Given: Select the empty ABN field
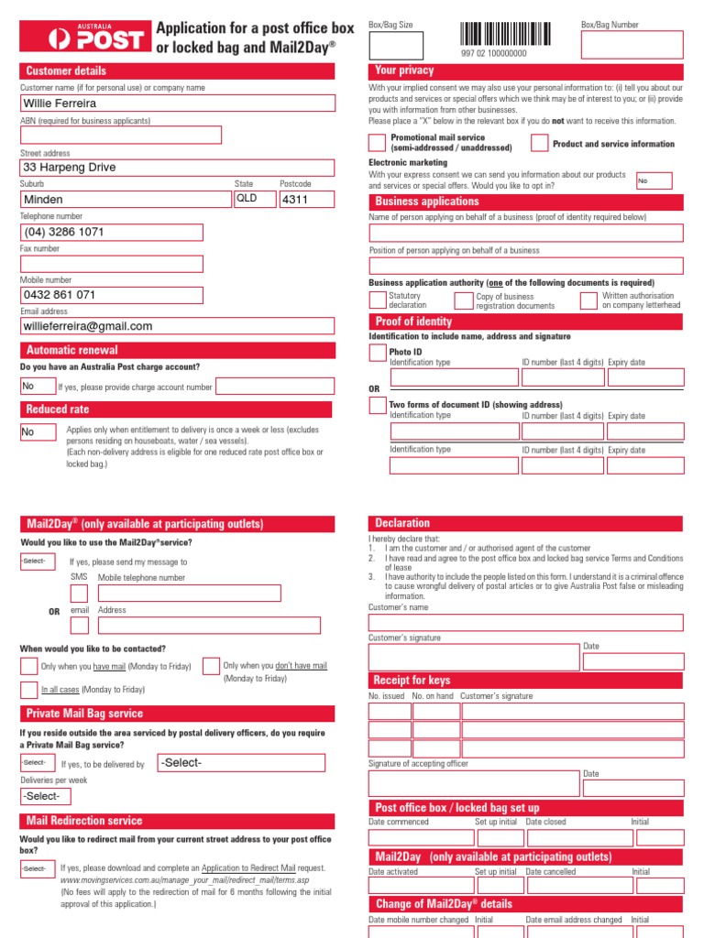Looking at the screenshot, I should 121,136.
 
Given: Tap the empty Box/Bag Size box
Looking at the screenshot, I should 395,46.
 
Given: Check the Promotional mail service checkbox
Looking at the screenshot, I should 377,142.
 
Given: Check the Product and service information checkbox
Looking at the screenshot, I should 539,143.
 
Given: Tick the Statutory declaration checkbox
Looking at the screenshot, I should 377,300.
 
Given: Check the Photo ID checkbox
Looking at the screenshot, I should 377,353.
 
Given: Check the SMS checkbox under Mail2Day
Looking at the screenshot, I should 80,594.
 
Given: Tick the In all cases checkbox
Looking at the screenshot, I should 28,690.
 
